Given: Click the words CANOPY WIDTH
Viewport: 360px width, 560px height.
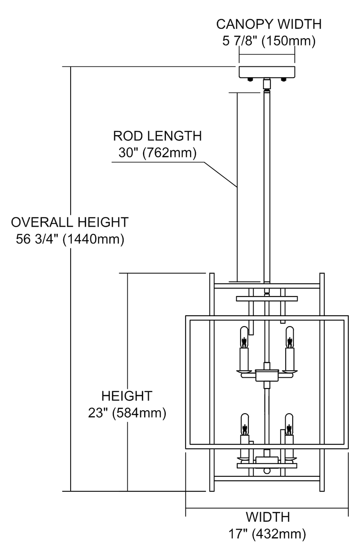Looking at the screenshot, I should point(269,24).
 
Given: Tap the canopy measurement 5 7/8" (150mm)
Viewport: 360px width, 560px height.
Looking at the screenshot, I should point(269,40).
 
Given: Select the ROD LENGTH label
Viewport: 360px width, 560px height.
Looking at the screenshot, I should point(157,136).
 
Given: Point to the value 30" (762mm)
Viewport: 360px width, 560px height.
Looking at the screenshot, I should point(157,153).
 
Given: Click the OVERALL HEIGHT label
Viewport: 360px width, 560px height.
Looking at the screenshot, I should point(69,222).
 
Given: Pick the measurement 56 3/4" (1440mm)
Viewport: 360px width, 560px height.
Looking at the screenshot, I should point(70,239).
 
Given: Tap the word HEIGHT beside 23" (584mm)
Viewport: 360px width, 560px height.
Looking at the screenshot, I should point(127,396).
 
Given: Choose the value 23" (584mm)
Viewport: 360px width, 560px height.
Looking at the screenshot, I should point(127,413).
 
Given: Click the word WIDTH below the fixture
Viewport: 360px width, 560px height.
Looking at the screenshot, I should point(267,517).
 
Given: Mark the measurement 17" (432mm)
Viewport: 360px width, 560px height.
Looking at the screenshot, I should point(267,534).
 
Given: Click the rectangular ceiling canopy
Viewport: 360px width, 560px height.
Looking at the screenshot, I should point(267,72).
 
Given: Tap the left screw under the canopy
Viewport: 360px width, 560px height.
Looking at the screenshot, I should point(250,79).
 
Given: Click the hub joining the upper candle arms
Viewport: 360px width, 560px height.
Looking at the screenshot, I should point(267,375).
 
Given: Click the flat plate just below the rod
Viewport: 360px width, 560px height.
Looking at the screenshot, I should point(267,299).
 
